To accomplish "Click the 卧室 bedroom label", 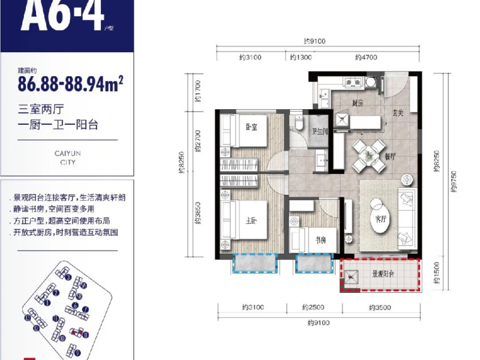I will (251, 127).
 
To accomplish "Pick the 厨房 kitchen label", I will (358, 103).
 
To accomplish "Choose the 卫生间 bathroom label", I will (319, 133).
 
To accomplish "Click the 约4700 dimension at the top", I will (365, 58).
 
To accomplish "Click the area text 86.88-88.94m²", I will (70, 82).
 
